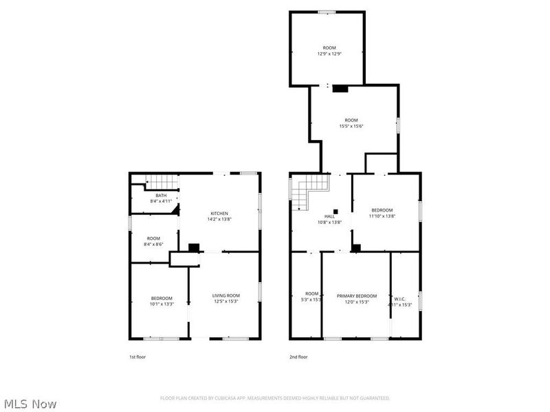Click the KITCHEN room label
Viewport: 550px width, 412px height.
coord(219,214)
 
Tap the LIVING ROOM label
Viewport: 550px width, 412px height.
coord(225,295)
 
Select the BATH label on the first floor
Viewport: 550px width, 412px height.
coord(160,196)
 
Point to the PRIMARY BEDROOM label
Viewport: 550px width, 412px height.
coord(357,295)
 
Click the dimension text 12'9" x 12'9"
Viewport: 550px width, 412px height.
coord(329,54)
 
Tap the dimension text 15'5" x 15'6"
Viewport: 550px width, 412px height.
coord(351,126)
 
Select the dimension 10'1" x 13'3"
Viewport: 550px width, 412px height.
coord(162,304)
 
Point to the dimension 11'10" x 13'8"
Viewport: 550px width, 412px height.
coord(382,216)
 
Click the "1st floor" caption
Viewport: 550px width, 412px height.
coord(137,357)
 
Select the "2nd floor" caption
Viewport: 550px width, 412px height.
coord(298,357)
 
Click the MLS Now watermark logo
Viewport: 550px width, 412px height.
coord(30,404)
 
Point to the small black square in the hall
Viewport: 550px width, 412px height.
coord(335,211)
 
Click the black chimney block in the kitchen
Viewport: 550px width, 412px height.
coord(194,247)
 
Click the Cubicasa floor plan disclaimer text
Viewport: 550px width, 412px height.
coord(275,398)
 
